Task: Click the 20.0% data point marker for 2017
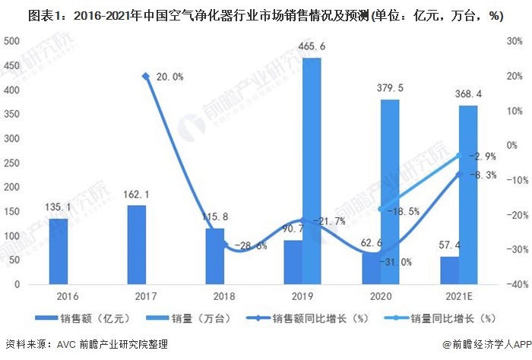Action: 147,76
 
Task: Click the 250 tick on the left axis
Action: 12,163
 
